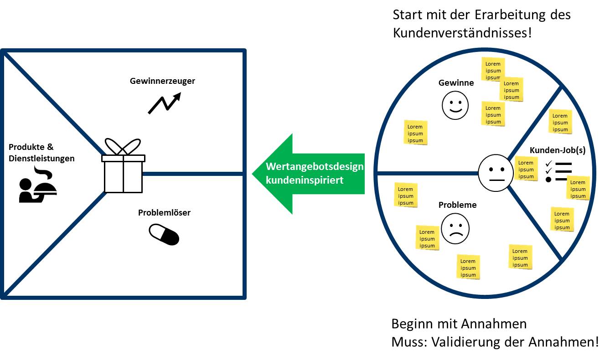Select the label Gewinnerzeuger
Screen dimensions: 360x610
(162, 81)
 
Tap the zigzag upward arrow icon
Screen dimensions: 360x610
(164, 103)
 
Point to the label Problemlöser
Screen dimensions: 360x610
(164, 212)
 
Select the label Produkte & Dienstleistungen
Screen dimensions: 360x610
(41, 153)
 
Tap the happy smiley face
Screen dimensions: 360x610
(455, 106)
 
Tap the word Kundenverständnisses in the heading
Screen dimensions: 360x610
(462, 33)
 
